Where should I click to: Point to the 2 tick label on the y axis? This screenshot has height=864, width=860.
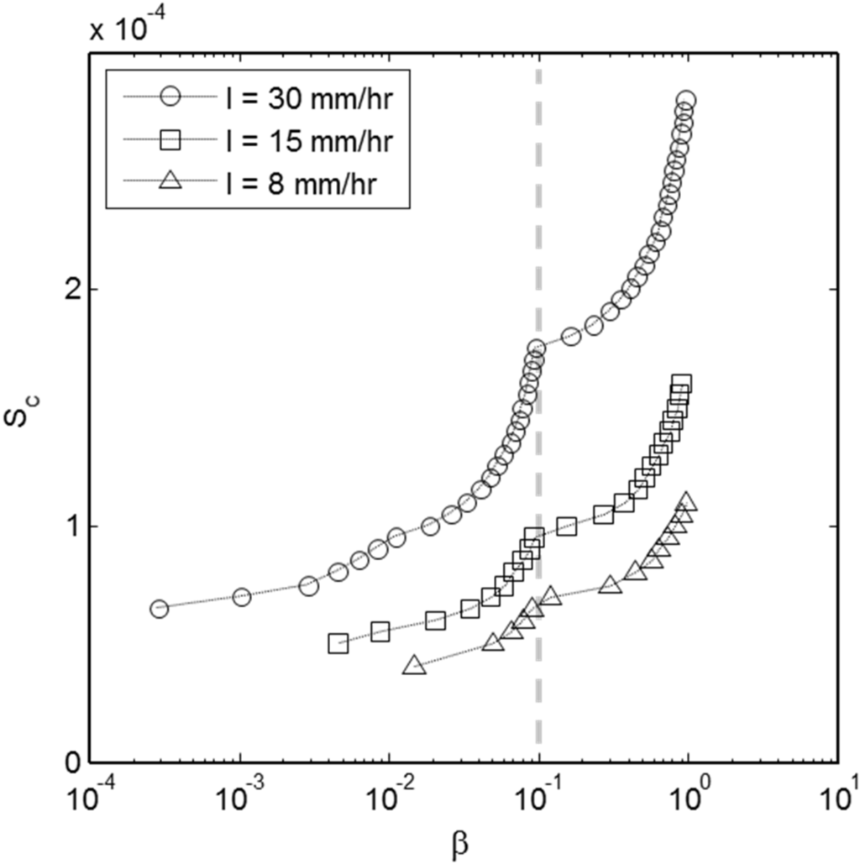coord(71,289)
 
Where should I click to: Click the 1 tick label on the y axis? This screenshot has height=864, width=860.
coord(71,526)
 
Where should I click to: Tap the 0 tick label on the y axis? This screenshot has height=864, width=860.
coord(71,763)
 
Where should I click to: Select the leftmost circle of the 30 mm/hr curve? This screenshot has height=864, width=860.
coord(159,609)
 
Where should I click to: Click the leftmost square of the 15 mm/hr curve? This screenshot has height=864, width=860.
coord(338,644)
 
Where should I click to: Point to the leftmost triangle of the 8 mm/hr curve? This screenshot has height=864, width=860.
coord(412,665)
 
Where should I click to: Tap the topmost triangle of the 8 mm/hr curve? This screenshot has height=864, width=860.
coord(687,501)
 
